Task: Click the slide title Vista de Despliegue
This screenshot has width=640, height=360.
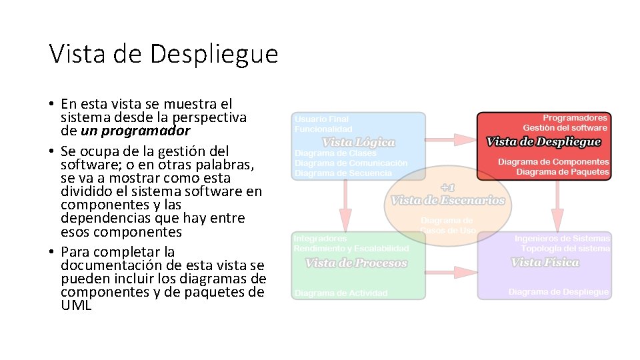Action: tap(163, 54)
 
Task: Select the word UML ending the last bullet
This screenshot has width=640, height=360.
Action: tap(76, 306)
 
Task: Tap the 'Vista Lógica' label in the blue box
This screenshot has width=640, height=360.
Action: tap(358, 142)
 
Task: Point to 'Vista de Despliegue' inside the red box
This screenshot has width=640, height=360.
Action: tap(543, 141)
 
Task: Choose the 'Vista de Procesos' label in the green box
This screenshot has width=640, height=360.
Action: tap(356, 263)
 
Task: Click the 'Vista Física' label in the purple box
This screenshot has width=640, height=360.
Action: tap(545, 262)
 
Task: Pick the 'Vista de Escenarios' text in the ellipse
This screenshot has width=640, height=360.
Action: tap(447, 200)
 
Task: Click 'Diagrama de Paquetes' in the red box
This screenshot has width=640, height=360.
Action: tap(563, 172)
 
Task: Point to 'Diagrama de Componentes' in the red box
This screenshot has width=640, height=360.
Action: tap(553, 161)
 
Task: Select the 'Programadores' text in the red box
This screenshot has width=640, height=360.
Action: tap(575, 118)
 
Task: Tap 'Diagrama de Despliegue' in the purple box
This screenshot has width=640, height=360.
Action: tap(559, 292)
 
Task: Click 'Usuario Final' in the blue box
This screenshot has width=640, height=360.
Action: tap(321, 119)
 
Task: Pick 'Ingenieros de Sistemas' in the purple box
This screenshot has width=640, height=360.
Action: tap(562, 238)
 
